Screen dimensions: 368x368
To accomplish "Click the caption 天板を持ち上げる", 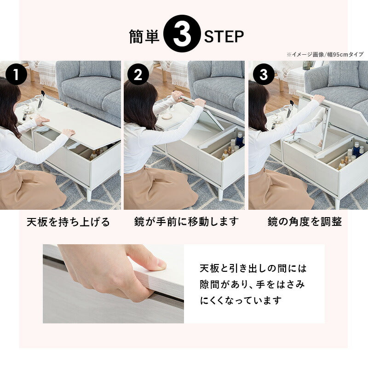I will click(x=68, y=222).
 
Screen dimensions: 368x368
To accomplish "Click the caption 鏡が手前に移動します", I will click(x=186, y=222).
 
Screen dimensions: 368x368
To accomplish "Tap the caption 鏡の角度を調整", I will click(x=305, y=222).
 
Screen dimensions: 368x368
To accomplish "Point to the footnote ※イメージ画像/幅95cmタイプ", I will click(x=325, y=54).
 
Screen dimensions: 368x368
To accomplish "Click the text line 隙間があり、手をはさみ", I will click(x=252, y=284).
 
